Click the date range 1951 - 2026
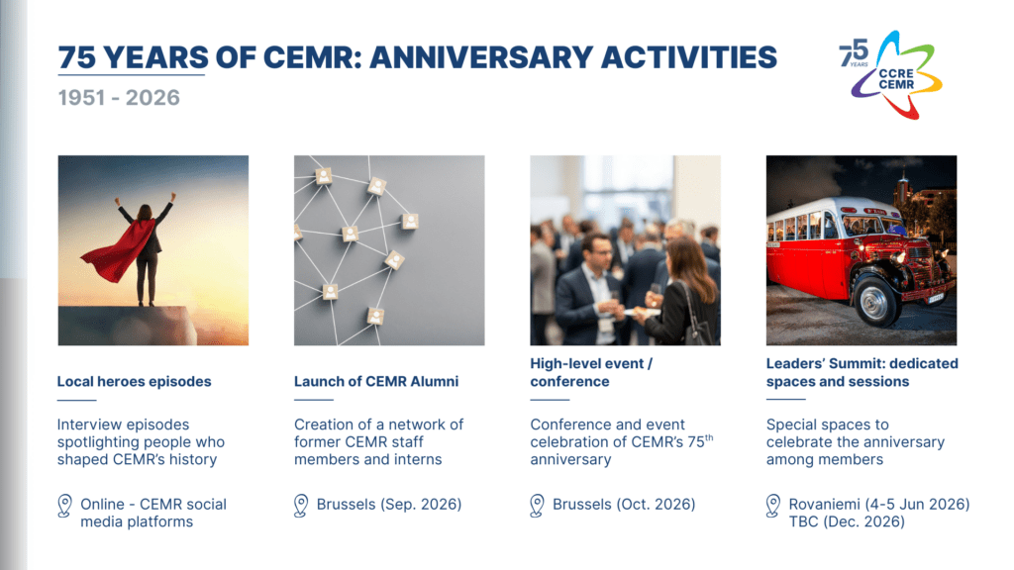point(119,98)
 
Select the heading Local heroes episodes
point(134,381)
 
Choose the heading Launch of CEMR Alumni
point(375,381)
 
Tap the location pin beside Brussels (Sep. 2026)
point(301,506)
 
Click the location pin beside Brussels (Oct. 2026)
point(538,506)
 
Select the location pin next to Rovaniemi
point(774,506)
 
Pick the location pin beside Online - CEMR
point(64,506)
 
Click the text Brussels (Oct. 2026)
point(624,505)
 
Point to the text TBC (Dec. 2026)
point(847,522)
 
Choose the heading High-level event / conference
point(591,372)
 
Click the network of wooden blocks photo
point(389,249)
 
